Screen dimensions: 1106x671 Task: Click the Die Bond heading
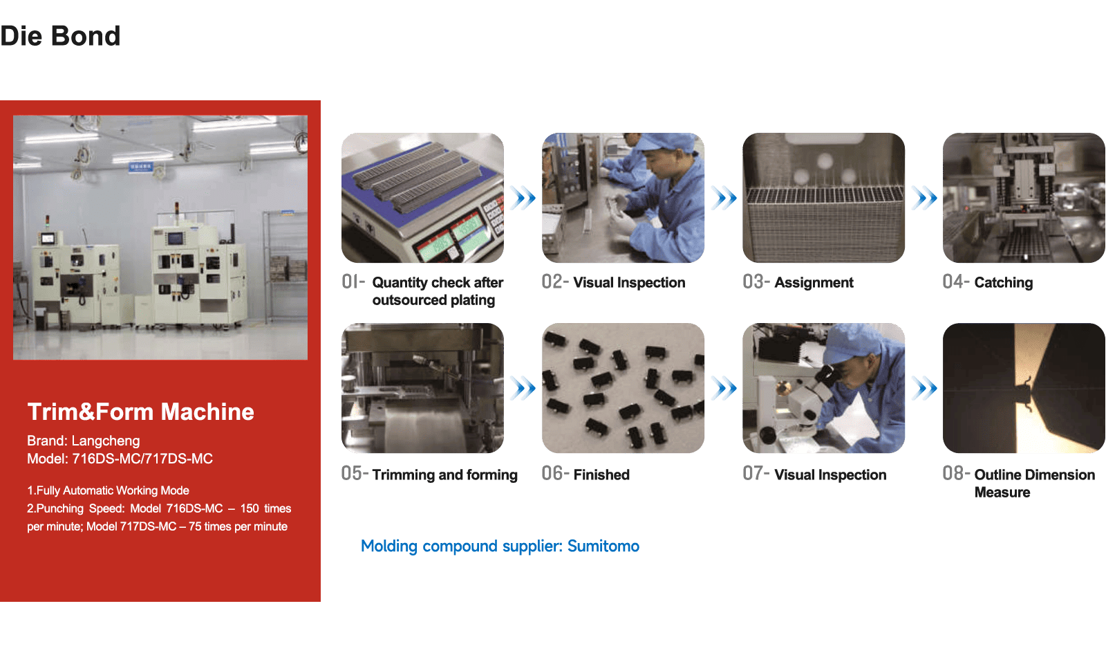60,36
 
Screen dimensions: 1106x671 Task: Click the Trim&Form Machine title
141,412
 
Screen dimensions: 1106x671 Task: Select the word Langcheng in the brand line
106,441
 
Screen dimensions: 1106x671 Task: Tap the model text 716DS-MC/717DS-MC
142,459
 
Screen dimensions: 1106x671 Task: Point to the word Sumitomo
603,546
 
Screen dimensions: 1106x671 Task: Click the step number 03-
756,282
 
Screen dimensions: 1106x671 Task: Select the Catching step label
1003,283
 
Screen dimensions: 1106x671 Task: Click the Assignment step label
814,283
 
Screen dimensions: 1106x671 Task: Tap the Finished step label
601,475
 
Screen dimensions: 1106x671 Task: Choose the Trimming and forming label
445,475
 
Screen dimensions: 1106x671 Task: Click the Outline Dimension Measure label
1034,484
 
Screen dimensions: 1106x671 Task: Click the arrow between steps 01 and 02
523,198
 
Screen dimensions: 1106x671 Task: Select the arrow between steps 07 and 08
924,388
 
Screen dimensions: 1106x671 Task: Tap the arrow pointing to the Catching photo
924,198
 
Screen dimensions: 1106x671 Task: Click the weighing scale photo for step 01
422,198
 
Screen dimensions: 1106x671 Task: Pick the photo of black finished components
623,388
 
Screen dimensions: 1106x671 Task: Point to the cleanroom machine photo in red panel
160,238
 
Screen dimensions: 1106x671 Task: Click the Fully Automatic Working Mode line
108,490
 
